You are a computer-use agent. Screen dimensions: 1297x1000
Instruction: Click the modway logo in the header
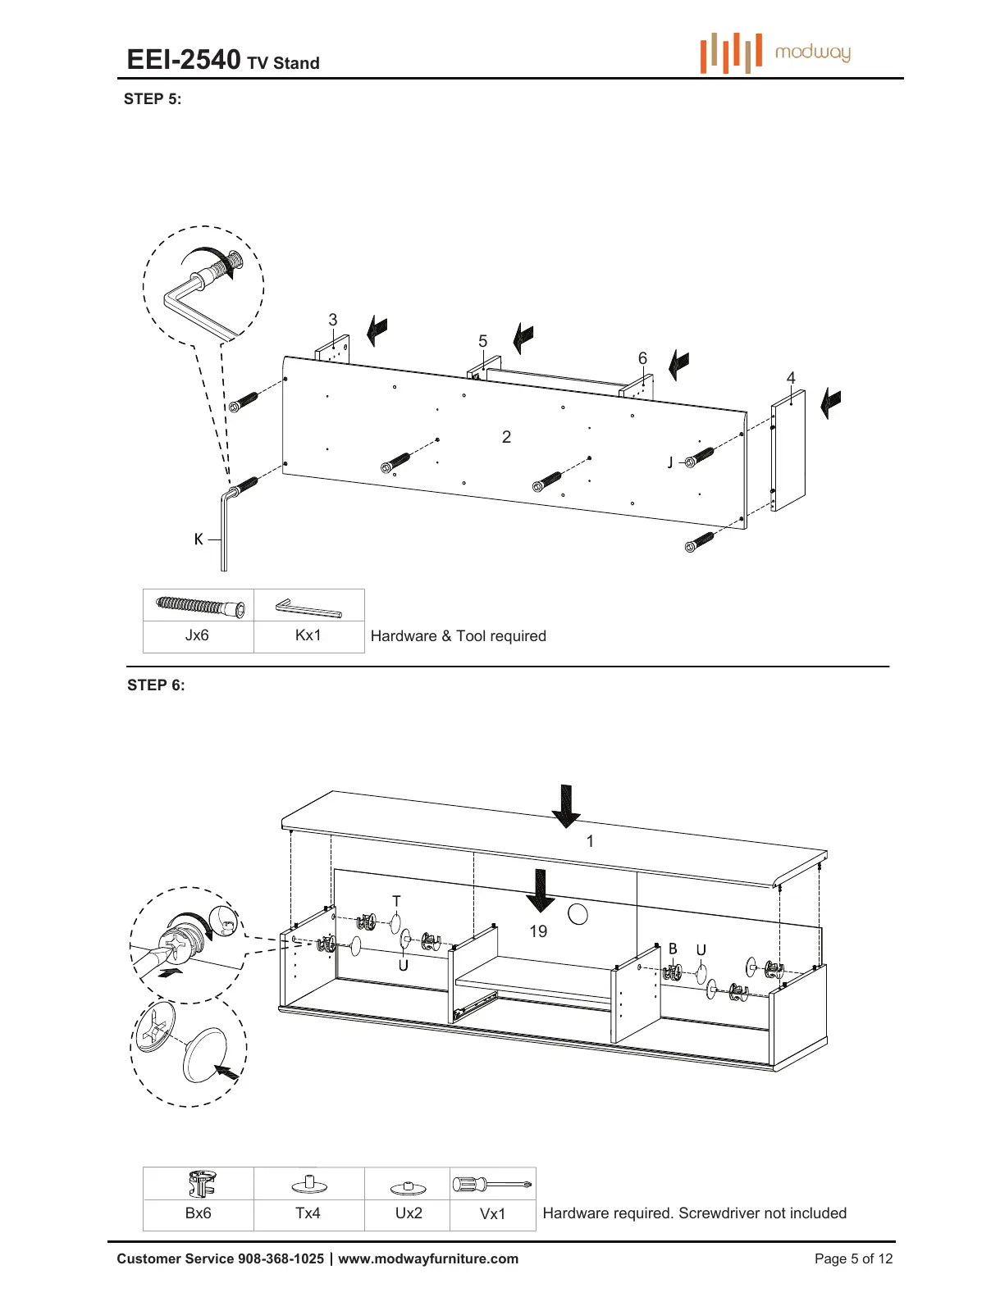pos(775,53)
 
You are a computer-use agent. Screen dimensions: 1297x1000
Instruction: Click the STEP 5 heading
pos(153,99)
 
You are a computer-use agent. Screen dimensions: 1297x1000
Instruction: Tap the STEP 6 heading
pos(156,685)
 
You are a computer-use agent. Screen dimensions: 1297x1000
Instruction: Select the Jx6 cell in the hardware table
pos(197,635)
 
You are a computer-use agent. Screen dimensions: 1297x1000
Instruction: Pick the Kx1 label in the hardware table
pos(308,635)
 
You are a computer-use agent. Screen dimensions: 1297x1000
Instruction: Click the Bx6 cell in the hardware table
pos(198,1213)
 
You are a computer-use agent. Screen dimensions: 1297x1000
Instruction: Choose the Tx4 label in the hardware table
pos(308,1213)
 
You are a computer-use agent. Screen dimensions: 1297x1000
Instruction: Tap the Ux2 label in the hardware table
pos(409,1213)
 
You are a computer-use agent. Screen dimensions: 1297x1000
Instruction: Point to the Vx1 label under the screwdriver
pos(492,1214)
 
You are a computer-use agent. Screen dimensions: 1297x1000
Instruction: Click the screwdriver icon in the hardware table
pos(492,1184)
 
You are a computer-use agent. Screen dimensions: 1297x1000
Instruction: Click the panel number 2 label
pos(506,437)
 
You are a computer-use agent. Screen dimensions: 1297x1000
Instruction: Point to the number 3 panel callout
pos(332,320)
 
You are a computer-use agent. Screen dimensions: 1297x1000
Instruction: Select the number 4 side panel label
pos(791,378)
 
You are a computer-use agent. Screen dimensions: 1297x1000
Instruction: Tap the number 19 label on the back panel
pos(538,931)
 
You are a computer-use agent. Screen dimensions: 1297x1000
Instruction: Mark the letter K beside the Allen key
pos(199,539)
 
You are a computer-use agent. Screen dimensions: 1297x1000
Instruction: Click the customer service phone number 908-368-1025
pos(281,1259)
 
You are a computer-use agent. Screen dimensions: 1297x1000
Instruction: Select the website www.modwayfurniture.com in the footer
pos(428,1259)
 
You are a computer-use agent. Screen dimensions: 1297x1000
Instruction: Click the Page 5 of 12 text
pos(853,1259)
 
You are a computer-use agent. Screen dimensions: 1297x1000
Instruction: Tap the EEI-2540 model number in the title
pos(184,60)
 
